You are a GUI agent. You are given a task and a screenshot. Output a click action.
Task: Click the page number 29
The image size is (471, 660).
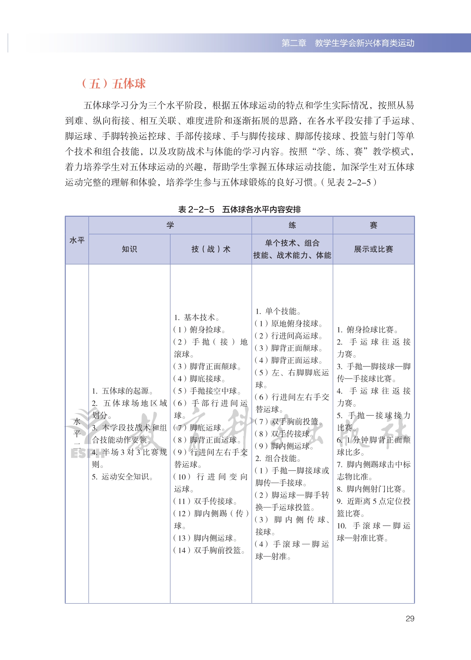[x=410, y=619]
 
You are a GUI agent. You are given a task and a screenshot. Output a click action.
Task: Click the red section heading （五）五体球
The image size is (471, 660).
[x=114, y=84]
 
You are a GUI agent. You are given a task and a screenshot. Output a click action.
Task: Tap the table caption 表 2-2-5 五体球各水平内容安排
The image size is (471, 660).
[x=239, y=209]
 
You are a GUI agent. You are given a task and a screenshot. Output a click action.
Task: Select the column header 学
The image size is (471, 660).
[x=170, y=225]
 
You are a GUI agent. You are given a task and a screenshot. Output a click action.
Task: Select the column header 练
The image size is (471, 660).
[x=292, y=225]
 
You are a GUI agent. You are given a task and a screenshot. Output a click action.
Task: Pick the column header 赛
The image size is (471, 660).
[x=373, y=225]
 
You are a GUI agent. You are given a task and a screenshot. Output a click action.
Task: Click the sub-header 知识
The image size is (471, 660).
[x=129, y=249]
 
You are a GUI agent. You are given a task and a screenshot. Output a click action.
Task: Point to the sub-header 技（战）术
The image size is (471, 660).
[x=211, y=249]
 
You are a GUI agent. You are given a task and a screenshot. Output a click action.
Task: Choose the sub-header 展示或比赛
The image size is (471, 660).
[x=373, y=249]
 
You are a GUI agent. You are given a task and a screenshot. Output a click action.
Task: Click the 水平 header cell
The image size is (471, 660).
[x=77, y=240]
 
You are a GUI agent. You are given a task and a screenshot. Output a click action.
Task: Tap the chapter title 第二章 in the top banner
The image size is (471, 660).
[x=294, y=43]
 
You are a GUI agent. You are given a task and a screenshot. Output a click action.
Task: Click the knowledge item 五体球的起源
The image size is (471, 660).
[x=122, y=391]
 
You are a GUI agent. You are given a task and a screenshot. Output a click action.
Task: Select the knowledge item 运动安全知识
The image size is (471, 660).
[x=122, y=477]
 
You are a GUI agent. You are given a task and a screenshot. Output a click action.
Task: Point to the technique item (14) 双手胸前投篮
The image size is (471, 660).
[x=209, y=550]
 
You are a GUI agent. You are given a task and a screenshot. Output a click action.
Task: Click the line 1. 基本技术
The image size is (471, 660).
[x=197, y=317]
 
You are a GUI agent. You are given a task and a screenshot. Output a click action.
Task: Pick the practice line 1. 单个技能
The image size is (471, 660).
[x=278, y=311]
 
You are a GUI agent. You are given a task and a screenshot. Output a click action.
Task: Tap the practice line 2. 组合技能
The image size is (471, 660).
[x=278, y=458]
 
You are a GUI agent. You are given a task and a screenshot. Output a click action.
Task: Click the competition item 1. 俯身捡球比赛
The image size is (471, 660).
[x=367, y=329]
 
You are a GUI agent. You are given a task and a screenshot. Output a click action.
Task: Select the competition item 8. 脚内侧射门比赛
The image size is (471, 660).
[x=371, y=489]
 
